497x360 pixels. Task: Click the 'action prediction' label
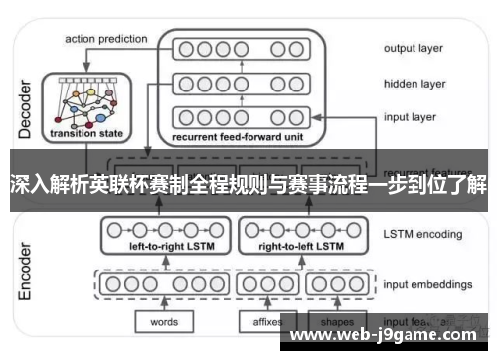[x=106, y=39]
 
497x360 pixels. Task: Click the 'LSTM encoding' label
[x=422, y=235]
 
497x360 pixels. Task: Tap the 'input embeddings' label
[x=428, y=282]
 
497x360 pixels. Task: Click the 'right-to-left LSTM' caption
[x=301, y=244]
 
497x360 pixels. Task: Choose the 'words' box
[x=164, y=322]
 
